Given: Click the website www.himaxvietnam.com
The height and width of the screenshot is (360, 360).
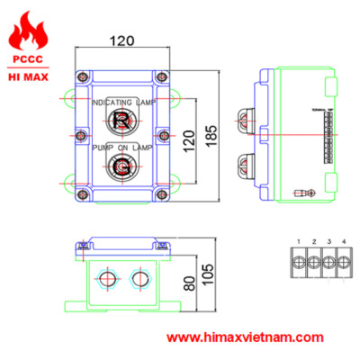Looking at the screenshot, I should coord(246,338).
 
